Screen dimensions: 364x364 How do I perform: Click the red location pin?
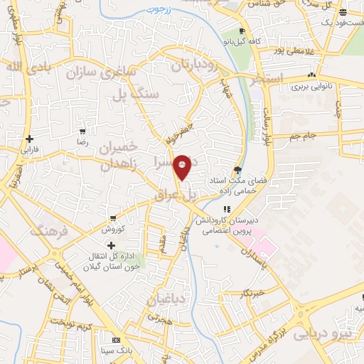tap(183, 166)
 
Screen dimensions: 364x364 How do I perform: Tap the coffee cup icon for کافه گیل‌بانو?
tap(242, 31)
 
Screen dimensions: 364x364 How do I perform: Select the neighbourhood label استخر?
tap(266, 77)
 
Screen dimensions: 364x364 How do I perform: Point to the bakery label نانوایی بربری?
tap(311, 87)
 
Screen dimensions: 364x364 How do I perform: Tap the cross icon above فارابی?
tap(29, 139)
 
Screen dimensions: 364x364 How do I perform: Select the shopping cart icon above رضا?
tap(83, 132)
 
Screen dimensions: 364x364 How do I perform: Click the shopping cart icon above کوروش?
tap(112, 218)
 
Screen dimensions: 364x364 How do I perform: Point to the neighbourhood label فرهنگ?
tap(48, 231)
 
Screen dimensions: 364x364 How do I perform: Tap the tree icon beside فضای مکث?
tap(237, 169)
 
